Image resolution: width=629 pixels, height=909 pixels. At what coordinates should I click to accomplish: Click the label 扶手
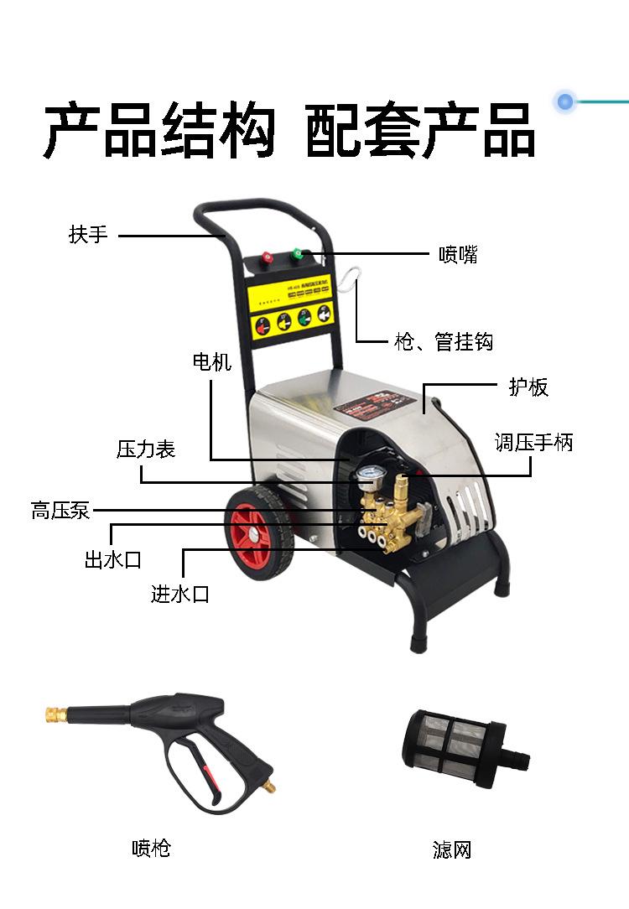[89, 234]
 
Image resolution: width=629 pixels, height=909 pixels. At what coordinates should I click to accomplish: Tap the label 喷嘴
[458, 254]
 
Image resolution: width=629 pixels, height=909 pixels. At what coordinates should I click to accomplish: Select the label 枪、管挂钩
[444, 341]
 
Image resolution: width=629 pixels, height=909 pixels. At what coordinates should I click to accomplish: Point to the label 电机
[211, 361]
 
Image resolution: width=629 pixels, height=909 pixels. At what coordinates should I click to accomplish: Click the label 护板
[528, 387]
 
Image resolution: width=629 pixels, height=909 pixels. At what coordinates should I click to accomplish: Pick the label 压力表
[145, 449]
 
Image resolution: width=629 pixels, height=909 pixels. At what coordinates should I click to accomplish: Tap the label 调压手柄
[533, 443]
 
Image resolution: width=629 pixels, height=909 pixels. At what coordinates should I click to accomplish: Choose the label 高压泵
[60, 510]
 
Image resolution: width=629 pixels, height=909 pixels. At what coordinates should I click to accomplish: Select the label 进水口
[180, 595]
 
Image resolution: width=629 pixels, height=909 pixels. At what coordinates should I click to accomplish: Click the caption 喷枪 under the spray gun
[151, 848]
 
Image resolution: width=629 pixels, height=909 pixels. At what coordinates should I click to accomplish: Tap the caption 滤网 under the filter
[452, 849]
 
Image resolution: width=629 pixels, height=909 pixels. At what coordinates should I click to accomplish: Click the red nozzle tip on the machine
[267, 257]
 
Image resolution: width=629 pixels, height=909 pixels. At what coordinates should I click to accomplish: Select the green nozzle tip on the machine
[296, 252]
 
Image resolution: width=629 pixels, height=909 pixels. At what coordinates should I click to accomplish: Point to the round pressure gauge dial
[366, 479]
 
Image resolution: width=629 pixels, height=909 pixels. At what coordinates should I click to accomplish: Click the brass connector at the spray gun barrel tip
[56, 714]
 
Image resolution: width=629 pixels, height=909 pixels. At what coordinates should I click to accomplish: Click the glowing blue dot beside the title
[564, 101]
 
